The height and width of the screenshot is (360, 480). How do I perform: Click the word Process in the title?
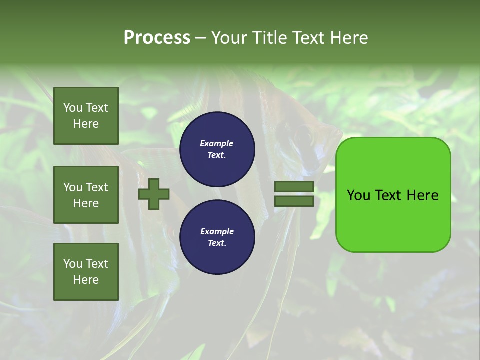(157, 38)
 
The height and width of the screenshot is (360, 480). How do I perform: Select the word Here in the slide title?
(346, 38)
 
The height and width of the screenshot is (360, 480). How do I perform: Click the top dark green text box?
(86, 116)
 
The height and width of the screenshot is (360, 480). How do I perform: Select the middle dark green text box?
(86, 195)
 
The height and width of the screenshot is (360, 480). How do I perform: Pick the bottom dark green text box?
(86, 272)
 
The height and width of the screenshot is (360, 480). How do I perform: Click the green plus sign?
(154, 194)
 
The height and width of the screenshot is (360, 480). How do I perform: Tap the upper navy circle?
(217, 149)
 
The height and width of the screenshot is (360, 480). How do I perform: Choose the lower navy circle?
(217, 237)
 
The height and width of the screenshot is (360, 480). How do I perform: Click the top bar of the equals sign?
(294, 187)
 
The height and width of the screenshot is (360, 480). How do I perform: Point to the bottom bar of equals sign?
(294, 201)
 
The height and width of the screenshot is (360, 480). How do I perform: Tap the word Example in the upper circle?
(217, 143)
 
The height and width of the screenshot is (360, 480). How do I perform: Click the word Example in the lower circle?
(217, 231)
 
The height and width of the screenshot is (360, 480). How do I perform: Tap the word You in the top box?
(73, 108)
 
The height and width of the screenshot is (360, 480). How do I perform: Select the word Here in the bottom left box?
(86, 280)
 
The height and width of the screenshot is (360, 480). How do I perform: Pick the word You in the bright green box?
(358, 195)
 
